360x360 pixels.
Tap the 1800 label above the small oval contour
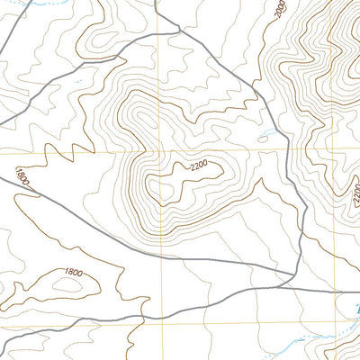[74, 272]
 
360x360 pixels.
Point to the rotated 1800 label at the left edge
[22, 175]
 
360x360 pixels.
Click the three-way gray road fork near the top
[178, 30]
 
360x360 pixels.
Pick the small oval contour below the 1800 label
[67, 286]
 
